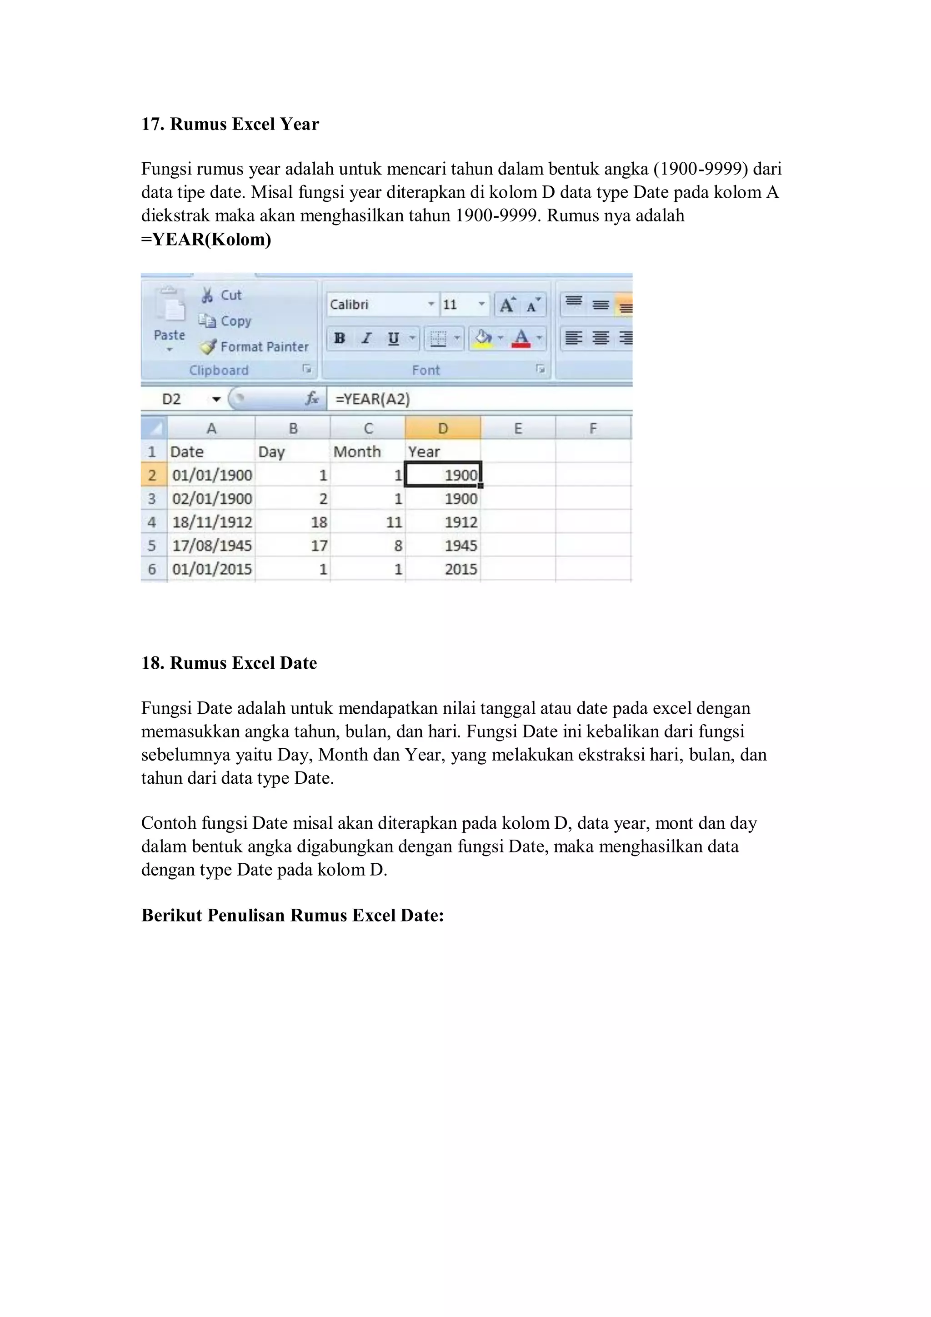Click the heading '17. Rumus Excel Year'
coord(230,124)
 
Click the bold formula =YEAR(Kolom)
coord(206,239)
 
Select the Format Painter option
coord(255,346)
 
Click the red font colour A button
coord(521,338)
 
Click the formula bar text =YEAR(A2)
coord(373,399)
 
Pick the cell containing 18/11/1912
coord(212,522)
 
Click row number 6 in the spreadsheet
coord(152,569)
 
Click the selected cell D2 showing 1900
coord(443,475)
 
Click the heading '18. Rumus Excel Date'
coord(229,663)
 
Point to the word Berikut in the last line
coord(171,915)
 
